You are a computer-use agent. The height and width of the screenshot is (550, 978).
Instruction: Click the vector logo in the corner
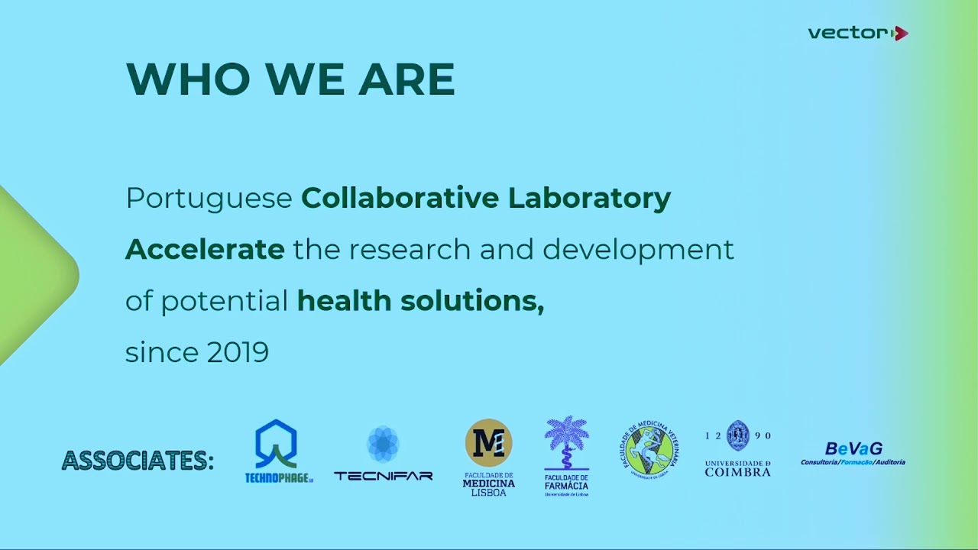coord(857,33)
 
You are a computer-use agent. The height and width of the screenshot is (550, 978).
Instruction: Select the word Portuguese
coord(209,199)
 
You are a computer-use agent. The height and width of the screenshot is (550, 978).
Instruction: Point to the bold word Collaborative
coord(400,198)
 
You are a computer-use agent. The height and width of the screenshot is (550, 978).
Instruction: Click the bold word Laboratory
coord(589,198)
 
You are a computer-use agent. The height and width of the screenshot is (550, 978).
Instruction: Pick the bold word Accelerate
coord(205,249)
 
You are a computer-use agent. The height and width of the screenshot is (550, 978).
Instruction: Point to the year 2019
coord(238,352)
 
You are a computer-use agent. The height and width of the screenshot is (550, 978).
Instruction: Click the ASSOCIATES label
coord(138,461)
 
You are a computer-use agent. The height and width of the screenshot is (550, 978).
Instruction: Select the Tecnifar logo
coord(383,454)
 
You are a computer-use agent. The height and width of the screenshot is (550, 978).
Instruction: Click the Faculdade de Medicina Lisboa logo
coord(489,457)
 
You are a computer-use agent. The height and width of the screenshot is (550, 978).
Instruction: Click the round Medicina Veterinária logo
coord(649,451)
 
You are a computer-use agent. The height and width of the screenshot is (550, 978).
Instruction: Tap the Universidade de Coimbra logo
coord(737,448)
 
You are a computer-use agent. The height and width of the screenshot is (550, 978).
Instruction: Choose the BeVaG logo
coord(853,453)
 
